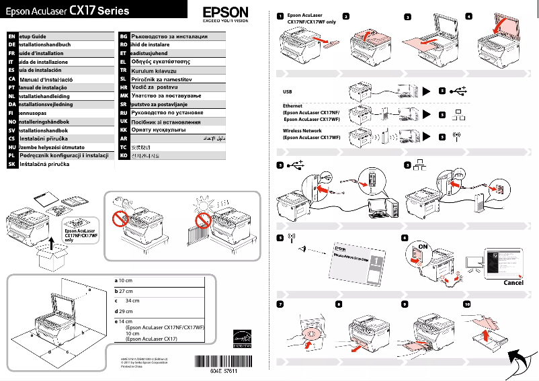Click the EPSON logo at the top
[225, 13]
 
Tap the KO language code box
[123, 155]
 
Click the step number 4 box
[468, 15]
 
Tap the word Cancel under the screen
[513, 282]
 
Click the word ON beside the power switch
[423, 247]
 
